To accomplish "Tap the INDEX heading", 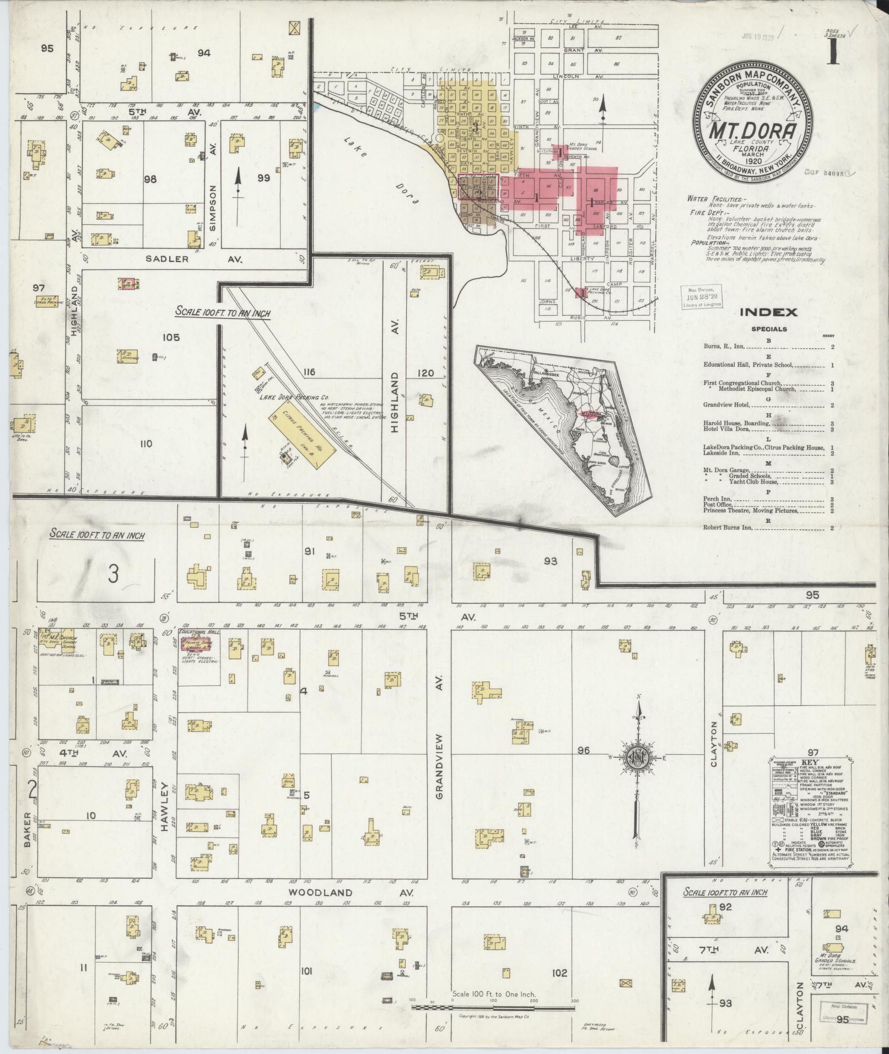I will [768, 312].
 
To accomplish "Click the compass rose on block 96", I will [637, 759].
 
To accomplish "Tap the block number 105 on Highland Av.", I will [168, 337].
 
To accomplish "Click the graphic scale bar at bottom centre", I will [494, 1007].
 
